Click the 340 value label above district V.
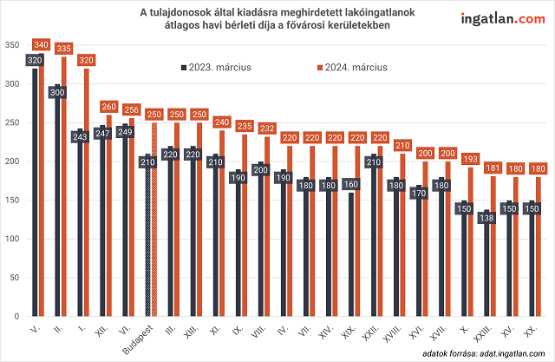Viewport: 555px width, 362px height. coord(40,44)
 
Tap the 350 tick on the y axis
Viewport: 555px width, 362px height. coord(11,45)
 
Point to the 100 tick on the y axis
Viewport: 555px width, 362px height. coord(11,239)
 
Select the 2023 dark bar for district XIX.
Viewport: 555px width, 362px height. coord(349,260)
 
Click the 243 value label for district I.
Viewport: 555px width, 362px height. coord(79,137)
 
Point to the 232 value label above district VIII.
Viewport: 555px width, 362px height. coord(266,128)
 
